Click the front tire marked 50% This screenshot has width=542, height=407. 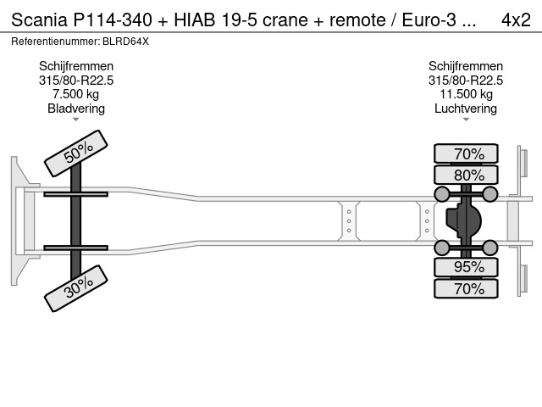(76, 153)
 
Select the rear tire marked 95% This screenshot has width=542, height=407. (466, 267)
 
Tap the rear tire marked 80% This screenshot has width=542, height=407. (466, 176)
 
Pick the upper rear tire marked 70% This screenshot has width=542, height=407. (466, 153)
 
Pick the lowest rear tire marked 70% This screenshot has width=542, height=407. (466, 289)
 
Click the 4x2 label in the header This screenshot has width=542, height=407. (516, 20)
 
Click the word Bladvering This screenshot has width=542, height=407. (76, 109)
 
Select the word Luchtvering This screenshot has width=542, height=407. (466, 109)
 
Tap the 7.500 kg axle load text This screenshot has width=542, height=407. (76, 94)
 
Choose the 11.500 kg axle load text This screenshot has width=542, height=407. (466, 94)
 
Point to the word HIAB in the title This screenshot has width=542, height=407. (187, 20)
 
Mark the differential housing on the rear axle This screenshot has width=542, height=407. (466, 221)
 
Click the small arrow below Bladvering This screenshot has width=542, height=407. (76, 120)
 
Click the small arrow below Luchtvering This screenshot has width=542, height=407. (466, 120)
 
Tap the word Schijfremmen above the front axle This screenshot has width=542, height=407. (76, 66)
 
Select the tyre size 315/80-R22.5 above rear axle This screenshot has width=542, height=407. (466, 81)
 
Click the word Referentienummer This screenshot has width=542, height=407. (53, 41)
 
